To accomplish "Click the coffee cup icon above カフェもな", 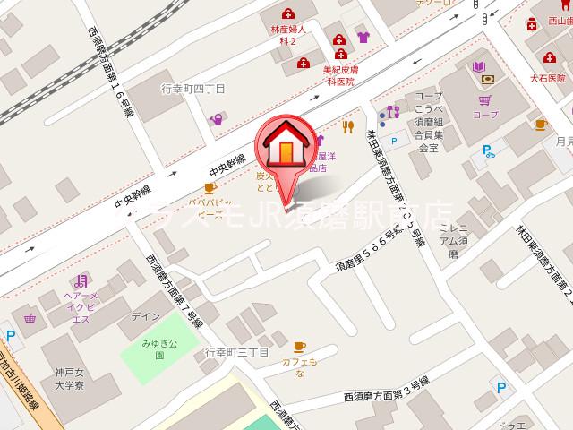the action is [299, 346].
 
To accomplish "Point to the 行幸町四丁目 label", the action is [192, 88].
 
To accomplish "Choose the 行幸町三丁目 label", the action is [236, 352].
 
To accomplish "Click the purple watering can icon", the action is [216, 118].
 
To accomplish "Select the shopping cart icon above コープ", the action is [485, 101].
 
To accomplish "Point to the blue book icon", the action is [479, 67].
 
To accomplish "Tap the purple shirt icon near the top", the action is [363, 39].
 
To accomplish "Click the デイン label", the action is [144, 316].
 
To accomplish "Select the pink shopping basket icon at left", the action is [29, 316].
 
